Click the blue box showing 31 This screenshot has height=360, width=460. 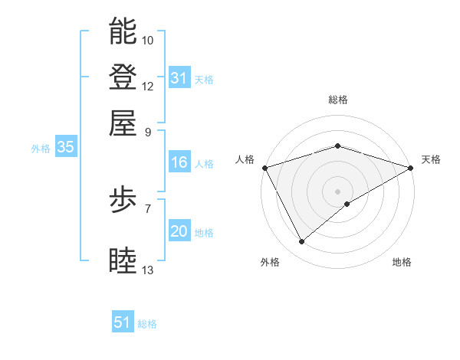point(179,78)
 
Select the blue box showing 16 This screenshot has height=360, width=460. point(179,162)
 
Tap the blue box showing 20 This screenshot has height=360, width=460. point(179,232)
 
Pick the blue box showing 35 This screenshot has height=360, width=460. point(65,148)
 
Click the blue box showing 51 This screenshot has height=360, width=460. point(123,322)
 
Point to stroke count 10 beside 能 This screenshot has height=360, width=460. point(148,40)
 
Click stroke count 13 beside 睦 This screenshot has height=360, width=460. point(148,270)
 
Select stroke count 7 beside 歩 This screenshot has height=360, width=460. point(148,208)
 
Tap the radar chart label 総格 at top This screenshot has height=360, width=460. point(338,100)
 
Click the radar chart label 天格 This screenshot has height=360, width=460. point(431,159)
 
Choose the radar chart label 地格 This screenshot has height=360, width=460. point(402,262)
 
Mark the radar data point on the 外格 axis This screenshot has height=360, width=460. point(301,242)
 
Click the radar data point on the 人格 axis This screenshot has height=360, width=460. point(264,168)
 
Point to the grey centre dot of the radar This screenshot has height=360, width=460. point(338,191)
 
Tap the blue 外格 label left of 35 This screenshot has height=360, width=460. point(41,149)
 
